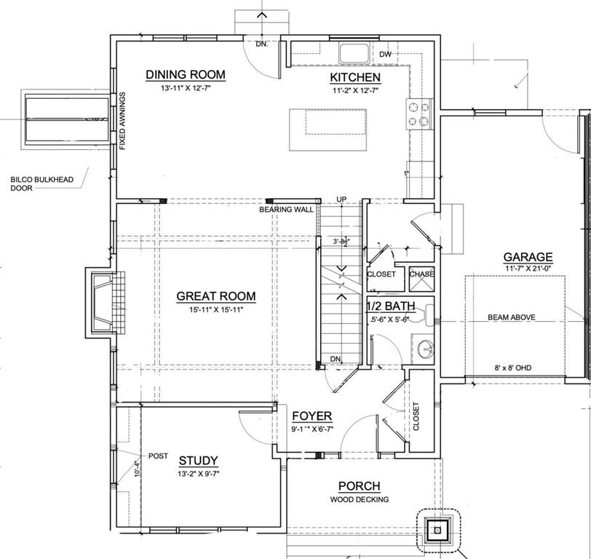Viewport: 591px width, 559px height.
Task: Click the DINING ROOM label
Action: coord(186,74)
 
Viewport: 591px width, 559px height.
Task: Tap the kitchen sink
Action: coord(354,53)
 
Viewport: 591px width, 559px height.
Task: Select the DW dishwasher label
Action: coord(385,55)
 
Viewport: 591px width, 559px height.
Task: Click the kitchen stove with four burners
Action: coord(419,114)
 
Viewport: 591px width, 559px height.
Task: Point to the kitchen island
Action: coord(328,130)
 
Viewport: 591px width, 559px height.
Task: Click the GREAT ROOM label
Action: coord(216,296)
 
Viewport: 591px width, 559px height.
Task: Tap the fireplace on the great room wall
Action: coord(105,303)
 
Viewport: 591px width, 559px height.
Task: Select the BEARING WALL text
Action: coord(286,210)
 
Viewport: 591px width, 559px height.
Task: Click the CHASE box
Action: coord(421,279)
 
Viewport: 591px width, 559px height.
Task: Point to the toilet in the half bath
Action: coord(428,315)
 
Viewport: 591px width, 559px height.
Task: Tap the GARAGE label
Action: coord(528,257)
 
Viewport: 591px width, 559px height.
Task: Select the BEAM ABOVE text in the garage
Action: coord(512,317)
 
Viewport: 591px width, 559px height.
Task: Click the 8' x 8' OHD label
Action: coord(513,368)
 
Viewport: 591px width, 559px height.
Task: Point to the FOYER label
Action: coord(312,416)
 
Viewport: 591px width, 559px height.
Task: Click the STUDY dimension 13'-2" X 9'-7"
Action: coord(199,474)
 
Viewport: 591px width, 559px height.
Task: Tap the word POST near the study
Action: coord(158,456)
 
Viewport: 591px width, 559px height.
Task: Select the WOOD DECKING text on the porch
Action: coord(360,499)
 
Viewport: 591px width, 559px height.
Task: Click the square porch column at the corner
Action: coord(437,531)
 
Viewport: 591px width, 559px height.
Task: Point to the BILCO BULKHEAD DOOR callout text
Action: coord(41,183)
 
